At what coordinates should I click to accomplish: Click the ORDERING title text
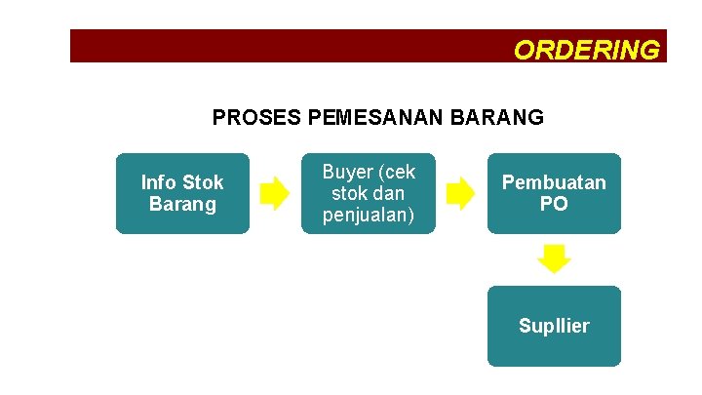tap(586, 50)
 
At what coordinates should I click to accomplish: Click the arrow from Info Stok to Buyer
tap(275, 193)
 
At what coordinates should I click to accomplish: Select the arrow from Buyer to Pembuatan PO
tap(460, 193)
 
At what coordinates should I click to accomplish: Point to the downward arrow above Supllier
tap(554, 259)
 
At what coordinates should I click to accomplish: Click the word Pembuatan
tap(554, 182)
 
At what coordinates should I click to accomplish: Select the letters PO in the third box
tap(554, 205)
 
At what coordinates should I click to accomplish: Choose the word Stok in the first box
tap(203, 182)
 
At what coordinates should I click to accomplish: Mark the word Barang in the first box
tap(182, 205)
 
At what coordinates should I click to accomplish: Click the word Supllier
tap(554, 326)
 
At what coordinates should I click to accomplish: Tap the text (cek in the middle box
tap(395, 173)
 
